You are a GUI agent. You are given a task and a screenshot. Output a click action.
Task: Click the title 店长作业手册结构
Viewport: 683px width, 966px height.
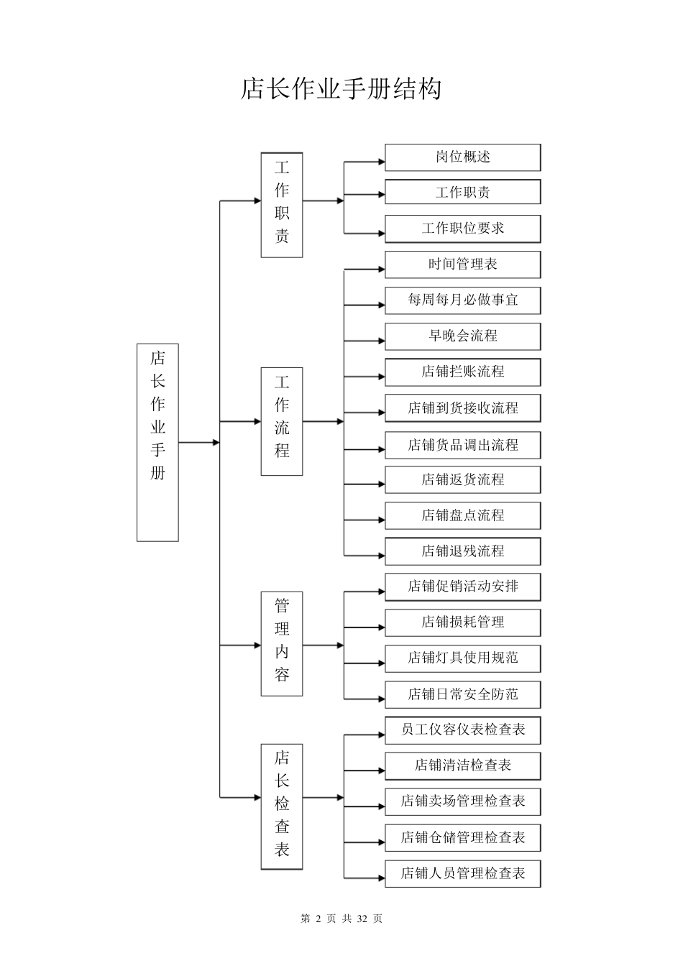pos(341,89)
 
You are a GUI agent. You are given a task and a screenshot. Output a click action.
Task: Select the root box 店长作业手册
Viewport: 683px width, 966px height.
pos(157,442)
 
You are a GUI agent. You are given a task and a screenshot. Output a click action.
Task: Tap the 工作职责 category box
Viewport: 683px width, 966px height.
pos(281,205)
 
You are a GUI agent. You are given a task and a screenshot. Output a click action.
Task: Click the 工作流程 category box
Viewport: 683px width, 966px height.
pos(281,421)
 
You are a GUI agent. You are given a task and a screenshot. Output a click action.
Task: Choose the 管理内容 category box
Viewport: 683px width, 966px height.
pos(281,644)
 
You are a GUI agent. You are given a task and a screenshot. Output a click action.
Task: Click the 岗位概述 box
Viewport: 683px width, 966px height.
pos(462,157)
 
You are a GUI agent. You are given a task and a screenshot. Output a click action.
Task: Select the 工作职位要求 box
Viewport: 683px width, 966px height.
pos(462,229)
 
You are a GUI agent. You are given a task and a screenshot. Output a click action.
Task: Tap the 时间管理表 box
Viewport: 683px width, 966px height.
pos(462,264)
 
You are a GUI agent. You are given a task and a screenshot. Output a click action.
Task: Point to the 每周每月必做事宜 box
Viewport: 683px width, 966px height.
pos(462,300)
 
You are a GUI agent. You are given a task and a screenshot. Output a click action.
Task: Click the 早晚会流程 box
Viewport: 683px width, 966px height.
pos(462,336)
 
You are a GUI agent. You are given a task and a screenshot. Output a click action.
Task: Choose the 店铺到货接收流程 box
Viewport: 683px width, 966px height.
pos(462,408)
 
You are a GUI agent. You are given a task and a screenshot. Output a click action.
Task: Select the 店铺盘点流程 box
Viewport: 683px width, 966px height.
pos(462,515)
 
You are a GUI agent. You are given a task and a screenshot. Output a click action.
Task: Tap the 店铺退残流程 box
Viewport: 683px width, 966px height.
pos(462,551)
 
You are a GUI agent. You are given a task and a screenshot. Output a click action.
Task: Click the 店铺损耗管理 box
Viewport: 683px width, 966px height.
pos(462,622)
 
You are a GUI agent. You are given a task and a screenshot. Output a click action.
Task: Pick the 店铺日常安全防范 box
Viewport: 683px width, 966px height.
pos(462,694)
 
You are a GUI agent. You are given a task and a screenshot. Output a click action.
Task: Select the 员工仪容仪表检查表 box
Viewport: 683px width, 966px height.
pos(462,730)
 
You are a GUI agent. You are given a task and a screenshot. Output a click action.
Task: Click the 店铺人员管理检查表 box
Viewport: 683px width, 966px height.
pos(462,873)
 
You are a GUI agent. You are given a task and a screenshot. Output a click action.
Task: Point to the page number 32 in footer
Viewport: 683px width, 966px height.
pos(362,919)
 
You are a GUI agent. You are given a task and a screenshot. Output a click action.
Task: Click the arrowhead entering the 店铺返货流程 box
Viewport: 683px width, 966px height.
pos(381,484)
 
